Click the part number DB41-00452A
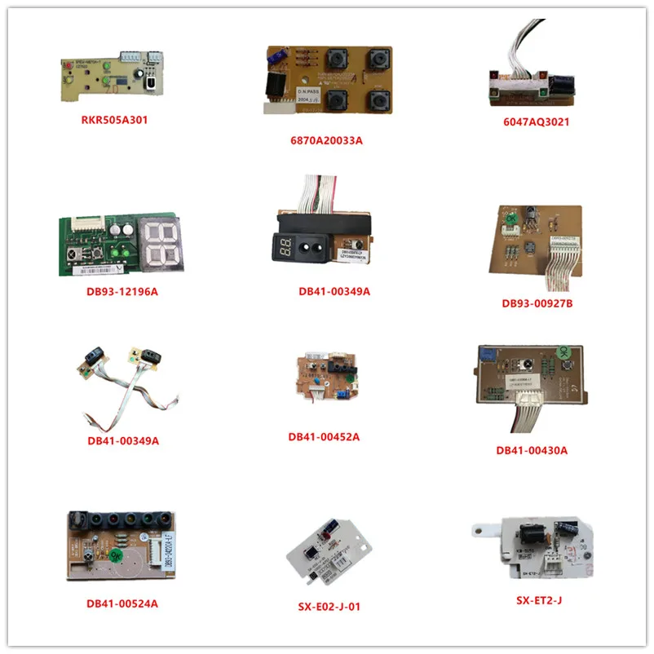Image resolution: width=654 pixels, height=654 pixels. [324, 436]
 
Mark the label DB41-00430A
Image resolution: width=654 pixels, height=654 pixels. [532, 449]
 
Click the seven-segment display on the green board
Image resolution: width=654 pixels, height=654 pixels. [160, 243]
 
